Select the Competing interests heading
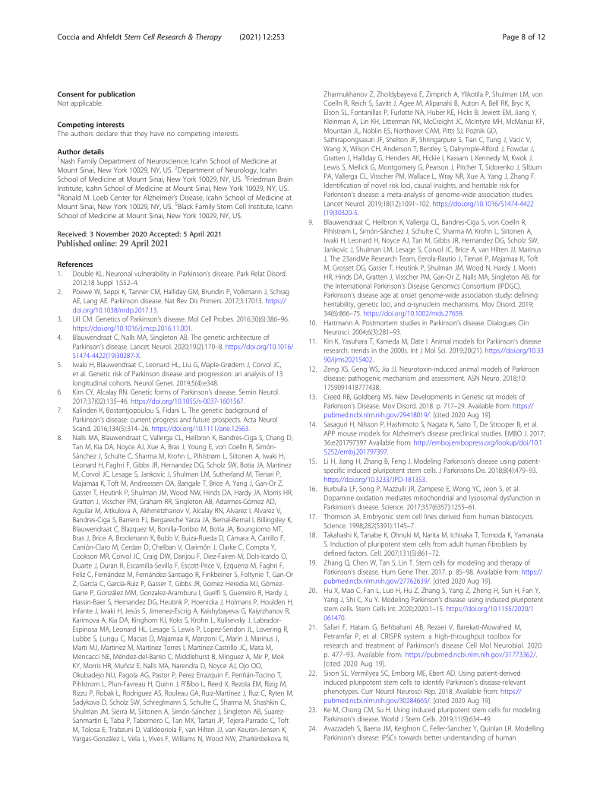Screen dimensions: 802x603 coord(84,125)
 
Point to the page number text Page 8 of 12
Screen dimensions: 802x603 coord(523,36)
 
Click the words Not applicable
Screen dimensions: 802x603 coord(81,102)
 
